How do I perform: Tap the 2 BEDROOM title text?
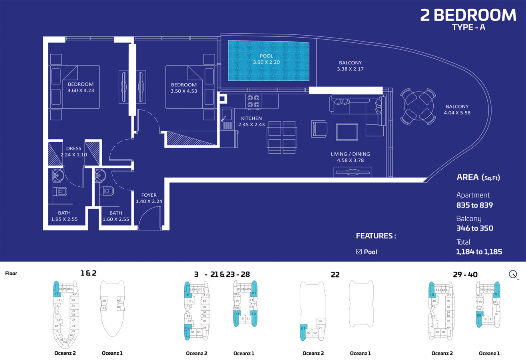point(468,15)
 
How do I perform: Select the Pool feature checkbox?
point(359,252)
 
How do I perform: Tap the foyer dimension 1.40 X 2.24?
point(149,202)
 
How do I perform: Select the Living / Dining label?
point(350,154)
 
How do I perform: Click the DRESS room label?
point(74,148)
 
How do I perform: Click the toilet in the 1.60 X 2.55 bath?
point(107,191)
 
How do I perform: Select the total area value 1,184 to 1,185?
point(479,252)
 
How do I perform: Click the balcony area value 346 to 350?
point(474,228)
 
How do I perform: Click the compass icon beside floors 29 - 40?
point(514,274)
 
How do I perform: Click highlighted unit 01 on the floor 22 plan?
point(303,330)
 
